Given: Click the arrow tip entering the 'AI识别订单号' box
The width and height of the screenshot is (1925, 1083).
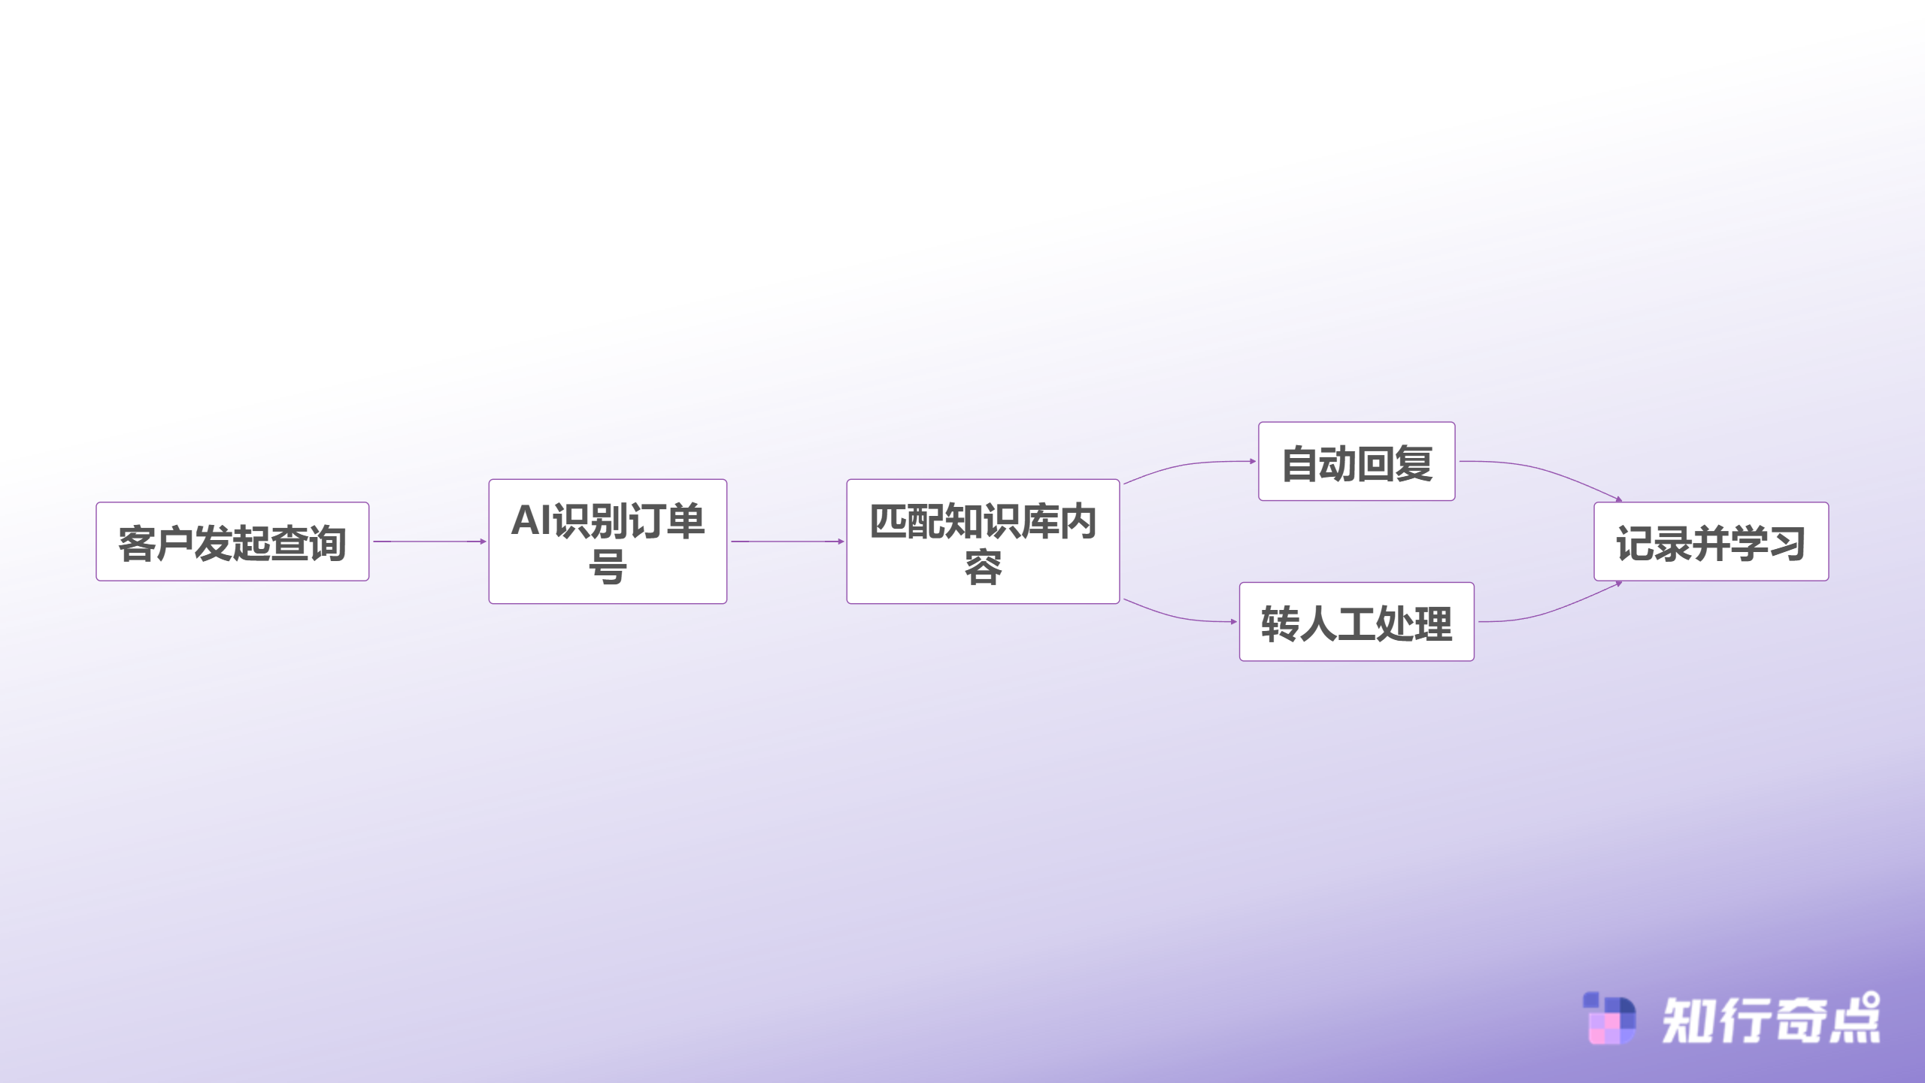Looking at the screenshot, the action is pyautogui.click(x=487, y=541).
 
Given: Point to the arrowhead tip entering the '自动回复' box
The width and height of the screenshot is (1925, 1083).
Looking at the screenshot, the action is pyautogui.click(x=1257, y=461).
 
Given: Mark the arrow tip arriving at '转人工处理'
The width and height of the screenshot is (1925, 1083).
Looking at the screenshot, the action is pyautogui.click(x=1238, y=622).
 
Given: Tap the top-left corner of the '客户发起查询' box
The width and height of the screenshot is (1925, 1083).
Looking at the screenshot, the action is pyautogui.click(x=97, y=502).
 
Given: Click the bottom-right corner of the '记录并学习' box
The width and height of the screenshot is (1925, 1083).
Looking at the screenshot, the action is pyautogui.click(x=1828, y=580).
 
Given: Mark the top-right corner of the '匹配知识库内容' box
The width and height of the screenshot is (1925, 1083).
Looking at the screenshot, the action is pyautogui.click(x=1119, y=480).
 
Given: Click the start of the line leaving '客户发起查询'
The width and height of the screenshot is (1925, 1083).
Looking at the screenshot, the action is pyautogui.click(x=374, y=541).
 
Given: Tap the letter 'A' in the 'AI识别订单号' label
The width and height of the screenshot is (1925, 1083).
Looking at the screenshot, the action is pyautogui.click(x=526, y=520).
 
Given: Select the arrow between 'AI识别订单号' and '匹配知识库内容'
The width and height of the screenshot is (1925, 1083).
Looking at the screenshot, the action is pyautogui.click(x=787, y=541).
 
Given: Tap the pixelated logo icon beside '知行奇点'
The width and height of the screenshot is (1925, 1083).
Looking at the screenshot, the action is pyautogui.click(x=1609, y=1018).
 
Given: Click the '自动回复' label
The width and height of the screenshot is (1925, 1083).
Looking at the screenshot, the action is pyautogui.click(x=1357, y=463).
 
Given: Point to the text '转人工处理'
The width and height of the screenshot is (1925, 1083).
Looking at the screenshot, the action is pyautogui.click(x=1357, y=623).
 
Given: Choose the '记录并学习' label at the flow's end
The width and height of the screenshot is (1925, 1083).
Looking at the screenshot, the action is pyautogui.click(x=1711, y=543).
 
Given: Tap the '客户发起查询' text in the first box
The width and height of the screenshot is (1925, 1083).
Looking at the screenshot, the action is pyautogui.click(x=232, y=543).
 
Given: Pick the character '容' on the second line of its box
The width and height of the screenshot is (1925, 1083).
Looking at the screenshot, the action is pyautogui.click(x=984, y=567).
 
